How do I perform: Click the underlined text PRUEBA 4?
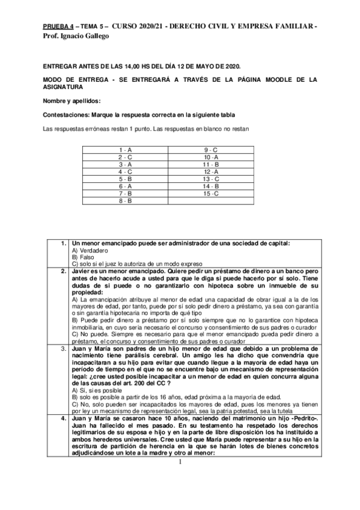coord(58,27)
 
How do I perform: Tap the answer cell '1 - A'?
coord(126,149)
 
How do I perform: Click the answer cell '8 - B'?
coord(126,200)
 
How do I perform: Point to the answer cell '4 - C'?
coord(126,171)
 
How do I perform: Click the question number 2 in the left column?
coord(63,271)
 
